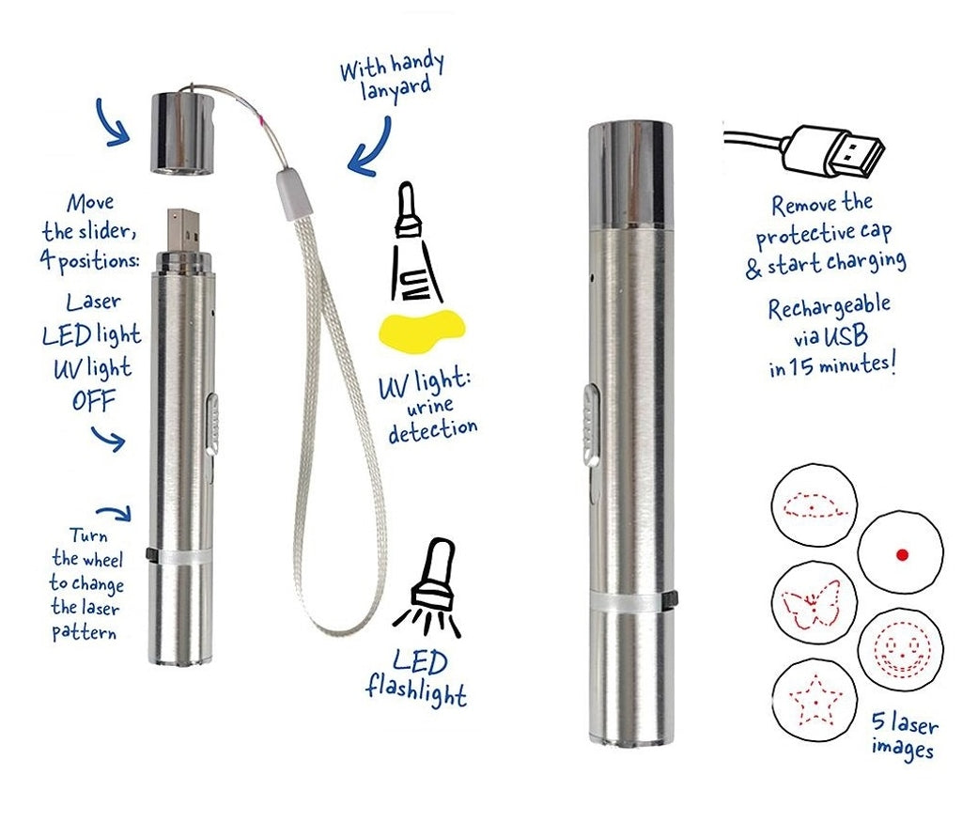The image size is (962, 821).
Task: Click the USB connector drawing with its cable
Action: (804, 150)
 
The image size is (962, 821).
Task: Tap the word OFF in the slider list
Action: (93, 401)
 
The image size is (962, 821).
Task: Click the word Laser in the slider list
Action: (93, 302)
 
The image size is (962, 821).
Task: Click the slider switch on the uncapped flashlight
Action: (212, 424)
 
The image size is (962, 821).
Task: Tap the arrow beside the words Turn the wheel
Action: (115, 513)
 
